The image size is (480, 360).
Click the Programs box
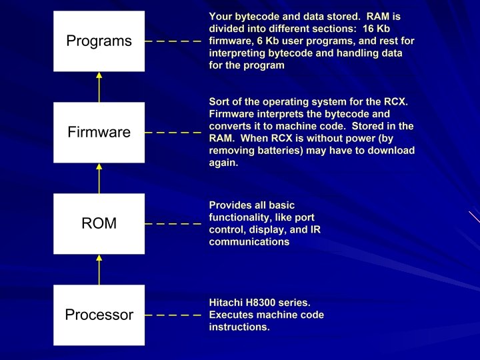pyautogui.click(x=99, y=41)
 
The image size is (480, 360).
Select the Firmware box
pyautogui.click(x=99, y=132)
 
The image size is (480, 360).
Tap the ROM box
pyautogui.click(x=99, y=223)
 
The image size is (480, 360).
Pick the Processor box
pyautogui.click(x=99, y=315)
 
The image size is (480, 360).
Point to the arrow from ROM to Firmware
pyautogui.click(x=99, y=178)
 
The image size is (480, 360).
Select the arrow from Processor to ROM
pyautogui.click(x=99, y=269)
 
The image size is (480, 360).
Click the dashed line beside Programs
pyautogui.click(x=173, y=41)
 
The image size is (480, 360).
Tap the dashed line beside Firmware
pyautogui.click(x=173, y=132)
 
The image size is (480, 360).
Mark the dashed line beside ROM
pyautogui.click(x=173, y=223)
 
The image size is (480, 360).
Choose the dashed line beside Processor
pyautogui.click(x=173, y=315)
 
